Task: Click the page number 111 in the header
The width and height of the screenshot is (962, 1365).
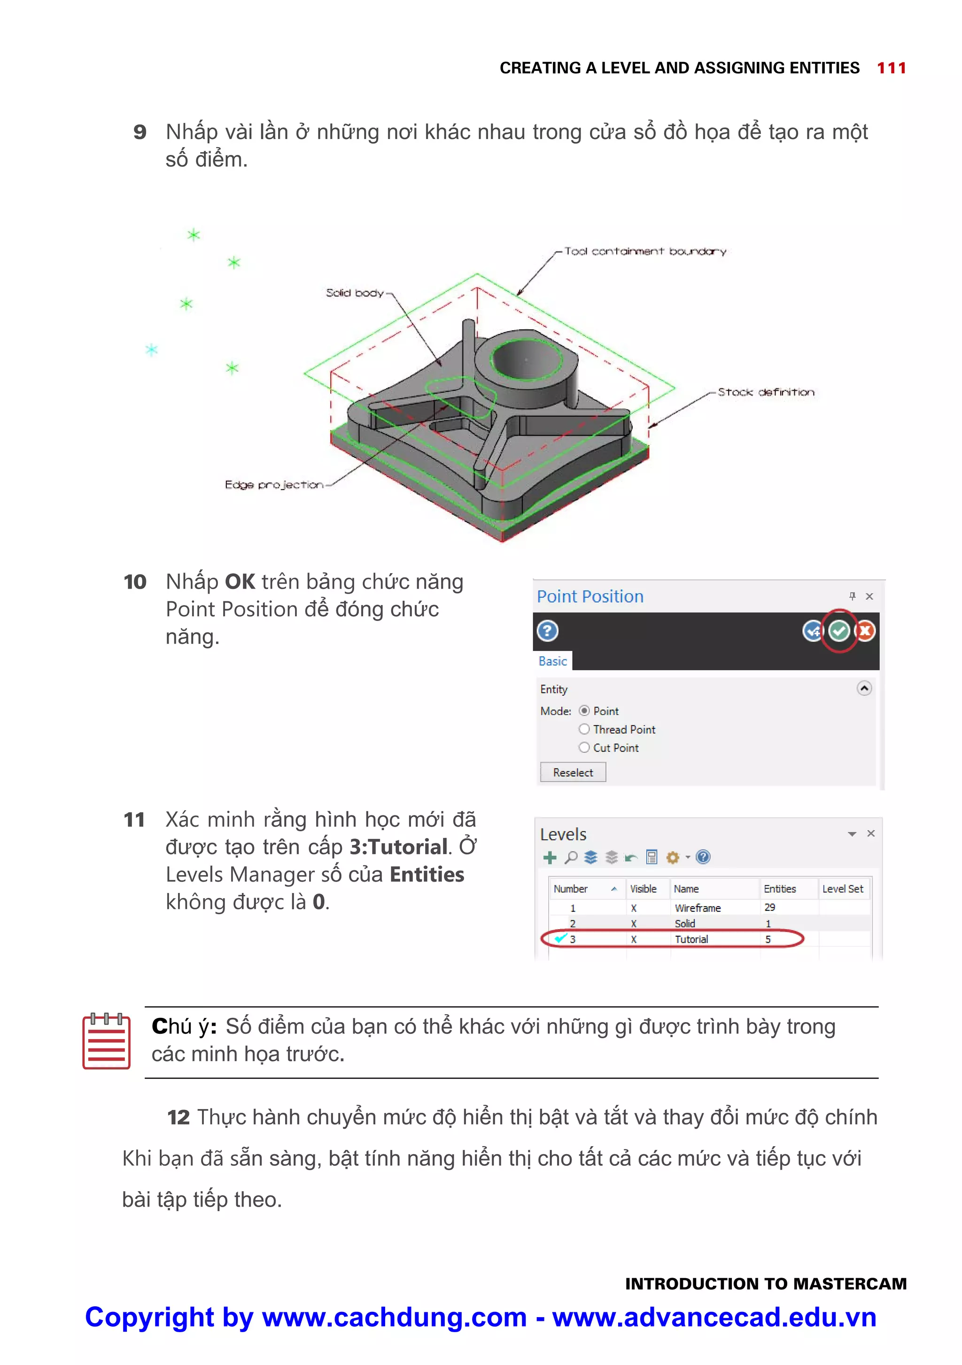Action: pyautogui.click(x=891, y=68)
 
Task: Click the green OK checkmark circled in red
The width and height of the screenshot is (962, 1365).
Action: pyautogui.click(x=838, y=631)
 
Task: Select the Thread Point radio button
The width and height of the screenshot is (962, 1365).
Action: pyautogui.click(x=584, y=729)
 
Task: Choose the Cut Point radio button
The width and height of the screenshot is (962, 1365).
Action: pyautogui.click(x=584, y=748)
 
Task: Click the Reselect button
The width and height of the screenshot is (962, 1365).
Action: pyautogui.click(x=573, y=772)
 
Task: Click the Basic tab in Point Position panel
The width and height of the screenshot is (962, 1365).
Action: pyautogui.click(x=552, y=661)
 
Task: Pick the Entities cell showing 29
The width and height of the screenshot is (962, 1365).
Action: pyautogui.click(x=769, y=907)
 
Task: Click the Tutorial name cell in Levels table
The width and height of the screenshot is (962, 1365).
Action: pyautogui.click(x=691, y=939)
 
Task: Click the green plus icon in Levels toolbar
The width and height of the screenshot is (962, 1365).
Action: pyautogui.click(x=550, y=857)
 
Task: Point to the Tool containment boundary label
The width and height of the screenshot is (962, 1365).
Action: pyautogui.click(x=645, y=251)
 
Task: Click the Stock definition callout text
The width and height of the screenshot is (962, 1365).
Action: pyautogui.click(x=766, y=392)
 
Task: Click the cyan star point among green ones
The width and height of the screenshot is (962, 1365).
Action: pyautogui.click(x=152, y=349)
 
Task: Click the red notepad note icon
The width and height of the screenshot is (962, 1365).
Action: pyautogui.click(x=107, y=1041)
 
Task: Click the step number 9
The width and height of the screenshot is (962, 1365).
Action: pyautogui.click(x=140, y=132)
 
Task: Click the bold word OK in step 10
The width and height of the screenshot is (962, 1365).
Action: pyautogui.click(x=240, y=582)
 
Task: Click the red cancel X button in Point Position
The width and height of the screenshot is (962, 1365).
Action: pyautogui.click(x=865, y=631)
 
